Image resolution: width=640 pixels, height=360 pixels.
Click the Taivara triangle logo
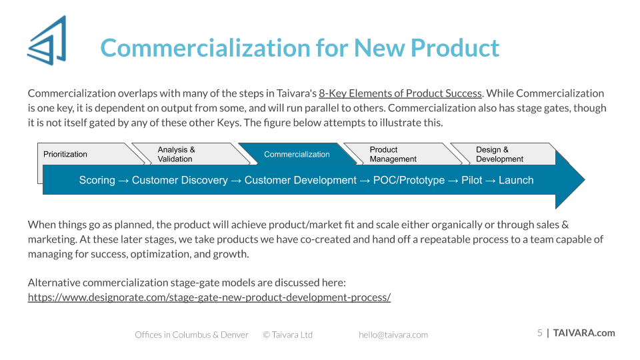[x=47, y=41]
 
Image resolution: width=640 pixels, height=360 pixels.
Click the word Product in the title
[x=455, y=48]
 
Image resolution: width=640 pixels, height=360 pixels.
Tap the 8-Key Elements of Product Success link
[x=400, y=93]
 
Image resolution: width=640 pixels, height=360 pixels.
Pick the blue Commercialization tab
[x=297, y=154]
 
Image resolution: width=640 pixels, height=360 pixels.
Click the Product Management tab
[x=402, y=154]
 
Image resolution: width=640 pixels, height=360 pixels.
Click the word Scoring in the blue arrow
[x=97, y=180]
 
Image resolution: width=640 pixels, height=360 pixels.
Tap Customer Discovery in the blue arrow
[x=179, y=180]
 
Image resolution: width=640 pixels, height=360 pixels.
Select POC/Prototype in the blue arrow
[x=409, y=180]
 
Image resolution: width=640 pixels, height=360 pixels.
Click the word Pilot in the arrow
[x=472, y=180]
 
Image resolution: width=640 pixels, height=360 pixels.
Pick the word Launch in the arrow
[x=516, y=180]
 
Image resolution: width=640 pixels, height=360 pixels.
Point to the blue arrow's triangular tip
[x=585, y=179]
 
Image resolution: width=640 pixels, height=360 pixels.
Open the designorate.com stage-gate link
[x=209, y=297]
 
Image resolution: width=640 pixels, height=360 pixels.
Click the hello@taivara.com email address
[x=393, y=335]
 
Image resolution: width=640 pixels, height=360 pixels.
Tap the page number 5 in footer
[x=539, y=333]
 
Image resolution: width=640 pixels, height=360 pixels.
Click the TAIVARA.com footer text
[x=584, y=333]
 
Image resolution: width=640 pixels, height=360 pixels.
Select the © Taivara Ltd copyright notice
[x=288, y=335]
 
